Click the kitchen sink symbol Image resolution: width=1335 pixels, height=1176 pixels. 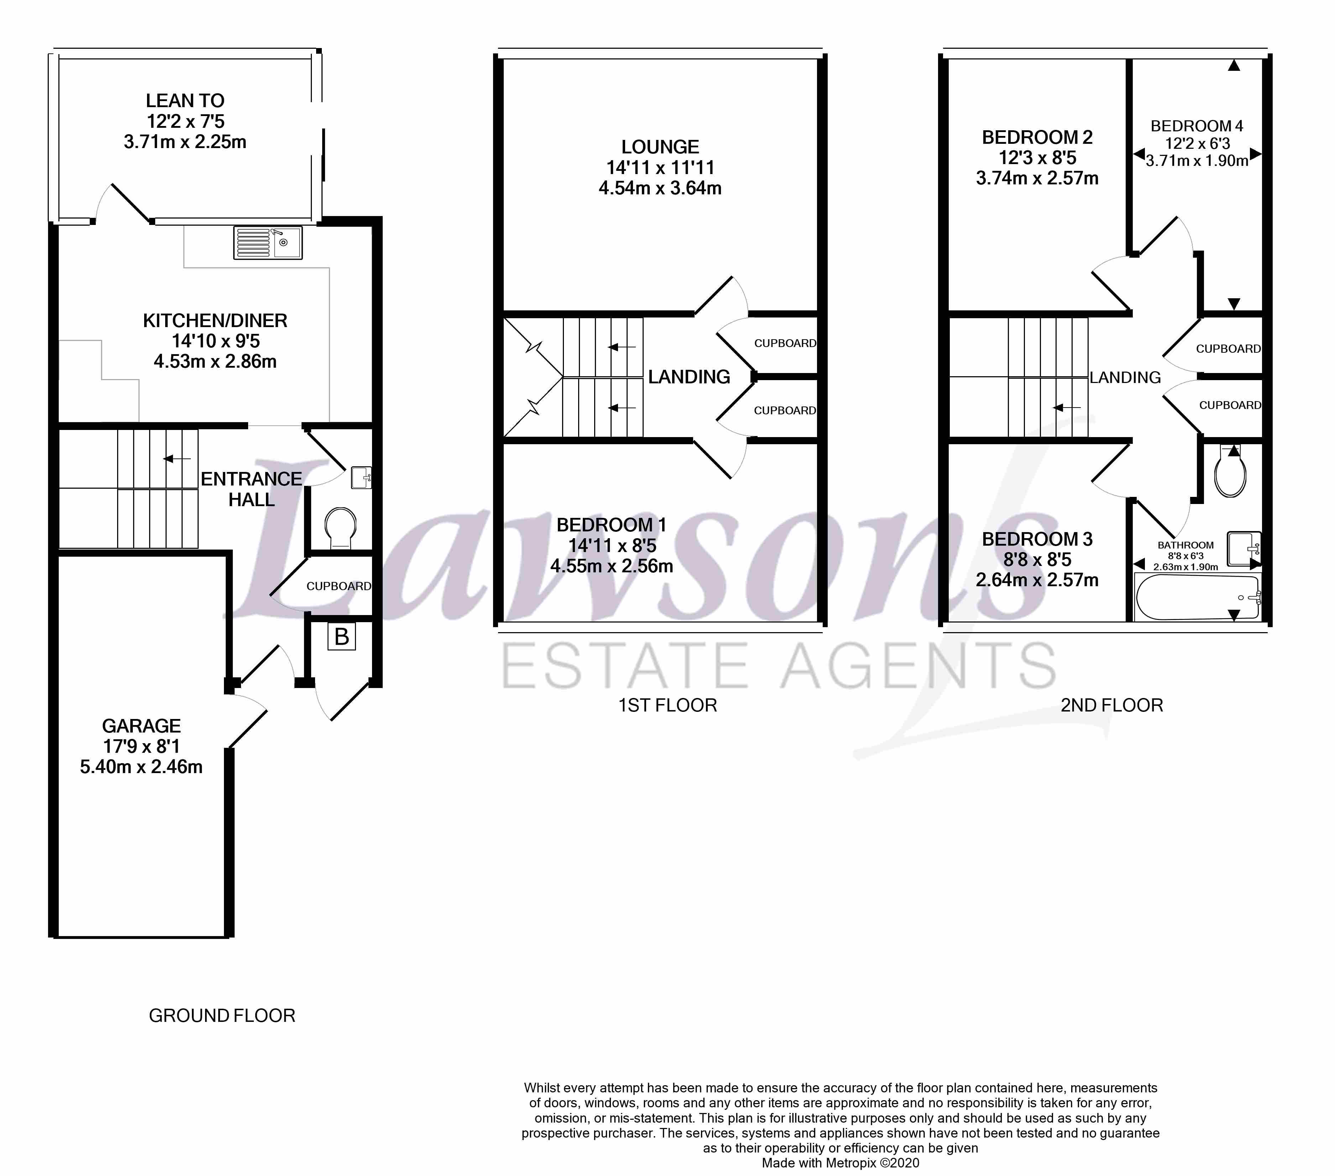pos(267,242)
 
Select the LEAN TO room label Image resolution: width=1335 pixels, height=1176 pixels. pos(185,101)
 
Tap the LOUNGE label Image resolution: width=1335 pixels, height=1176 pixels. pos(660,147)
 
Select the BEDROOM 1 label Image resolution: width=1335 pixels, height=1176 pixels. pos(611,525)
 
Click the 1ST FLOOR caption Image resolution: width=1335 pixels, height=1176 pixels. pos(667,705)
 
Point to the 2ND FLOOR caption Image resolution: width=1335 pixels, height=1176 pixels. pos(1112,705)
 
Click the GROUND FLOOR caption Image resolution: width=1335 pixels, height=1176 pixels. pos(222,1015)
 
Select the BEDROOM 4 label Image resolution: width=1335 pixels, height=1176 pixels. pos(1197,126)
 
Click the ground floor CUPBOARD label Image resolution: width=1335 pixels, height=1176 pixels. pos(338,586)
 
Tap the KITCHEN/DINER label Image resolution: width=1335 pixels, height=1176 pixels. pos(215,321)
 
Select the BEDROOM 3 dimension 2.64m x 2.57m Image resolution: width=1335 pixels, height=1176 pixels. pos(1037,580)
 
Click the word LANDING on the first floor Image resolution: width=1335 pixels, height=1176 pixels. pos(689,377)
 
